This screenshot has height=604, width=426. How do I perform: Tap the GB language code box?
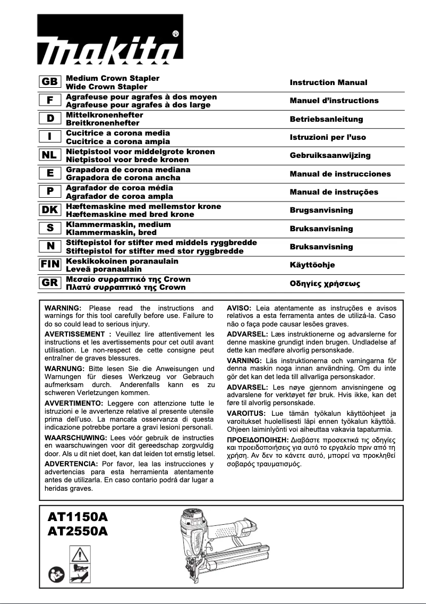click(x=50, y=82)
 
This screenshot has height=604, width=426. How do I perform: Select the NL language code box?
click(x=50, y=155)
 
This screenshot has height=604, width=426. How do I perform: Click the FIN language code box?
click(x=50, y=265)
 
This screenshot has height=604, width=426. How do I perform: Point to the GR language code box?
click(x=50, y=283)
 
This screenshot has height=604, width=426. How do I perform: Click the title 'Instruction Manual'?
click(x=328, y=82)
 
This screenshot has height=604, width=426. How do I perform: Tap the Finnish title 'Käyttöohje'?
click(x=312, y=265)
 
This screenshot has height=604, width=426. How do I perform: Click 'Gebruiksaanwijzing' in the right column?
click(x=330, y=155)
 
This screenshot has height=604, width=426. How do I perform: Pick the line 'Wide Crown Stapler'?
click(x=106, y=86)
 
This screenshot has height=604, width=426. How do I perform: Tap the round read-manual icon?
click(x=59, y=574)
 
